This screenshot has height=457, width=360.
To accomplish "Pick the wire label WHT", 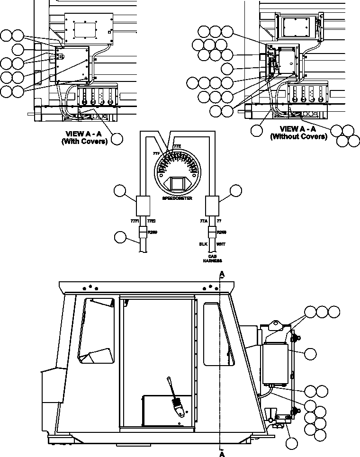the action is click(221, 244).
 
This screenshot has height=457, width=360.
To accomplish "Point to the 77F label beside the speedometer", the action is click(156, 154).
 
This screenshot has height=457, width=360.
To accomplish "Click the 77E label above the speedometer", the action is click(177, 146).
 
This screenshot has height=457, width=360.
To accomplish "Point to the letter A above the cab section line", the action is click(222, 274).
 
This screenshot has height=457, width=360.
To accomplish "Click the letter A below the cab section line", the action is click(222, 453).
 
